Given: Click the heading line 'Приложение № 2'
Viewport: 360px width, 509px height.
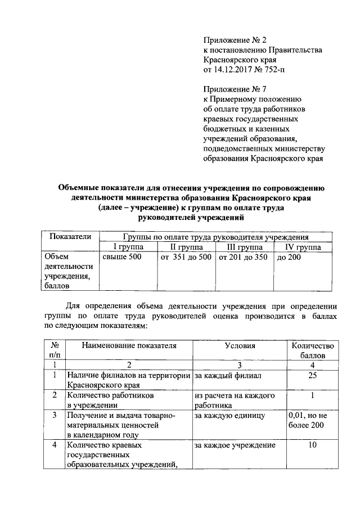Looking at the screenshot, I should pos(233,39).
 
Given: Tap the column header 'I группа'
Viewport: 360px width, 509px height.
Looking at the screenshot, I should pos(128,247).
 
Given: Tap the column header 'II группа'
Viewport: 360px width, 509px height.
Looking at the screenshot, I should pos(185,247).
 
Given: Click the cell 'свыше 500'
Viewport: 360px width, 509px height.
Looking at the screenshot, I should pos(121,258).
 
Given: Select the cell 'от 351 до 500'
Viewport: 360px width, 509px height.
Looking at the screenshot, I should pos(186,258).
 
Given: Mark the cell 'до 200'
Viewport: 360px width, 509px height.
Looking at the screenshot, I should pos(289,258).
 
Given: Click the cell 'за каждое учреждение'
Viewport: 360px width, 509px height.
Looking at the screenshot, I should pos(235,445).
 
